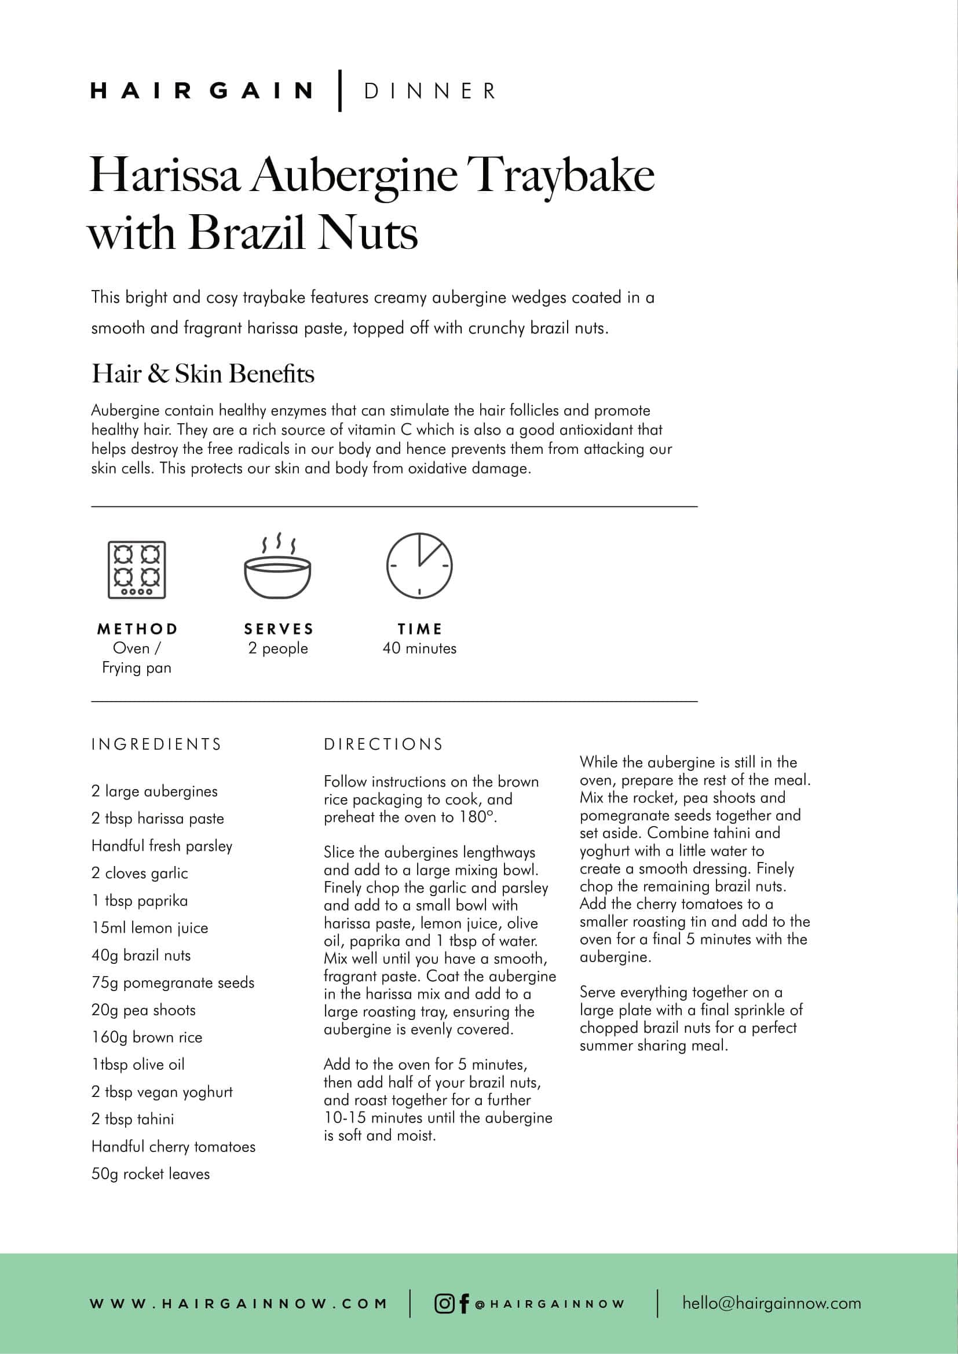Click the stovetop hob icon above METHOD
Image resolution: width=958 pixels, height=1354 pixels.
(x=137, y=570)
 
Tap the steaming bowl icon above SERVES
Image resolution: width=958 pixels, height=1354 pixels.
(x=278, y=567)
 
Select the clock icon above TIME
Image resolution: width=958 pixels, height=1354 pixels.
(x=419, y=566)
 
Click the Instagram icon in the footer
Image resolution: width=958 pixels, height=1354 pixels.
(x=444, y=1303)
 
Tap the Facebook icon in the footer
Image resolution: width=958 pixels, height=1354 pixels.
(x=465, y=1303)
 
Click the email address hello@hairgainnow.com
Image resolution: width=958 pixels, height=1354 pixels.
(x=771, y=1302)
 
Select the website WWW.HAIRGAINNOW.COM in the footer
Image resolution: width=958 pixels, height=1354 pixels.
(x=238, y=1303)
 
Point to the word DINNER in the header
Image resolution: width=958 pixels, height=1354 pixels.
(x=430, y=91)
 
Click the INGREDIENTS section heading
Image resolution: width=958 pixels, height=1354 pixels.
(x=156, y=744)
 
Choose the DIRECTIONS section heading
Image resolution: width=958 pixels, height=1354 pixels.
(x=383, y=744)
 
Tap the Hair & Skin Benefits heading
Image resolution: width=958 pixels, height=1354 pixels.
(x=203, y=373)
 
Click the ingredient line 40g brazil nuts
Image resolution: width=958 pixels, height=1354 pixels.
(x=141, y=955)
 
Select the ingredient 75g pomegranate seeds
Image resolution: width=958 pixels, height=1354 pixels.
(x=173, y=982)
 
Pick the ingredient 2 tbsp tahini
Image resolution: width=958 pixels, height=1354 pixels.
(x=133, y=1119)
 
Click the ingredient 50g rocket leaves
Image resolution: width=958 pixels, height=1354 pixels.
(x=151, y=1173)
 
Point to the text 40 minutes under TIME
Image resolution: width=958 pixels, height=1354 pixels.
(x=419, y=648)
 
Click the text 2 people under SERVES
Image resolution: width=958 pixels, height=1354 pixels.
(x=278, y=648)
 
